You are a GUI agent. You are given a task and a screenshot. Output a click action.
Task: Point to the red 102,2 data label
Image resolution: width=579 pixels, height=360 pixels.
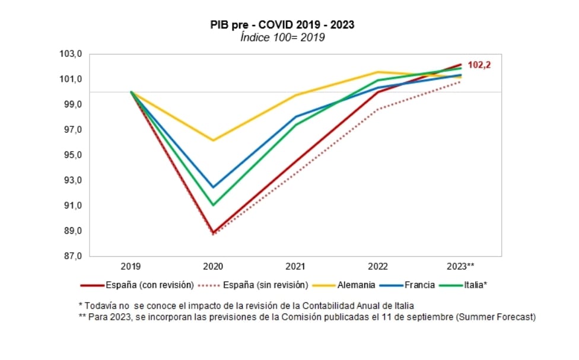(479, 65)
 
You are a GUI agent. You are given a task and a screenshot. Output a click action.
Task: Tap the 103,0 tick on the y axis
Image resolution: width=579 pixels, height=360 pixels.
(71, 54)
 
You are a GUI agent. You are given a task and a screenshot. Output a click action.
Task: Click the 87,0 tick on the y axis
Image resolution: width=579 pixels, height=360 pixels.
(71, 256)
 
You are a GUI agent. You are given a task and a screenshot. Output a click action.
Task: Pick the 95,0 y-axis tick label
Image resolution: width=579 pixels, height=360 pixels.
(71, 155)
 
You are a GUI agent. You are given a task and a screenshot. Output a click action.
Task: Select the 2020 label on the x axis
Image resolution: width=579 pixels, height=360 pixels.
(213, 266)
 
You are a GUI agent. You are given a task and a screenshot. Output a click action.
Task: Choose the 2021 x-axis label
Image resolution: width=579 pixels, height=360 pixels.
(296, 266)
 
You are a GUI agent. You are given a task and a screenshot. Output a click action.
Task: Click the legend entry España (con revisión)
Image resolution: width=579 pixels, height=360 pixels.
(149, 285)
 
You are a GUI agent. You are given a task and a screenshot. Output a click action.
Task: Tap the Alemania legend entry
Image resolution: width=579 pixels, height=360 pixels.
(354, 285)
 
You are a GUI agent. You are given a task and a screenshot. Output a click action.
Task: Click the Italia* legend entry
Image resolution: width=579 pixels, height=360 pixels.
(475, 285)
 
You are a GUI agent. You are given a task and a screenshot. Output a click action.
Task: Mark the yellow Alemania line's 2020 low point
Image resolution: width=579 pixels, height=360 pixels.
(213, 141)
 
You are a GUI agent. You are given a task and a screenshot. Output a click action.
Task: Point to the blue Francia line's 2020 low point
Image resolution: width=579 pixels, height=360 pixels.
(213, 187)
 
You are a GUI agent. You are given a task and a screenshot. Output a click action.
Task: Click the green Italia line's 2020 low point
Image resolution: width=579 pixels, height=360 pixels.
(213, 205)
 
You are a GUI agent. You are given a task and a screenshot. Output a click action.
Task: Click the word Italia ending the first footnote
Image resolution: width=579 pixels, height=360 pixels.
(403, 305)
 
